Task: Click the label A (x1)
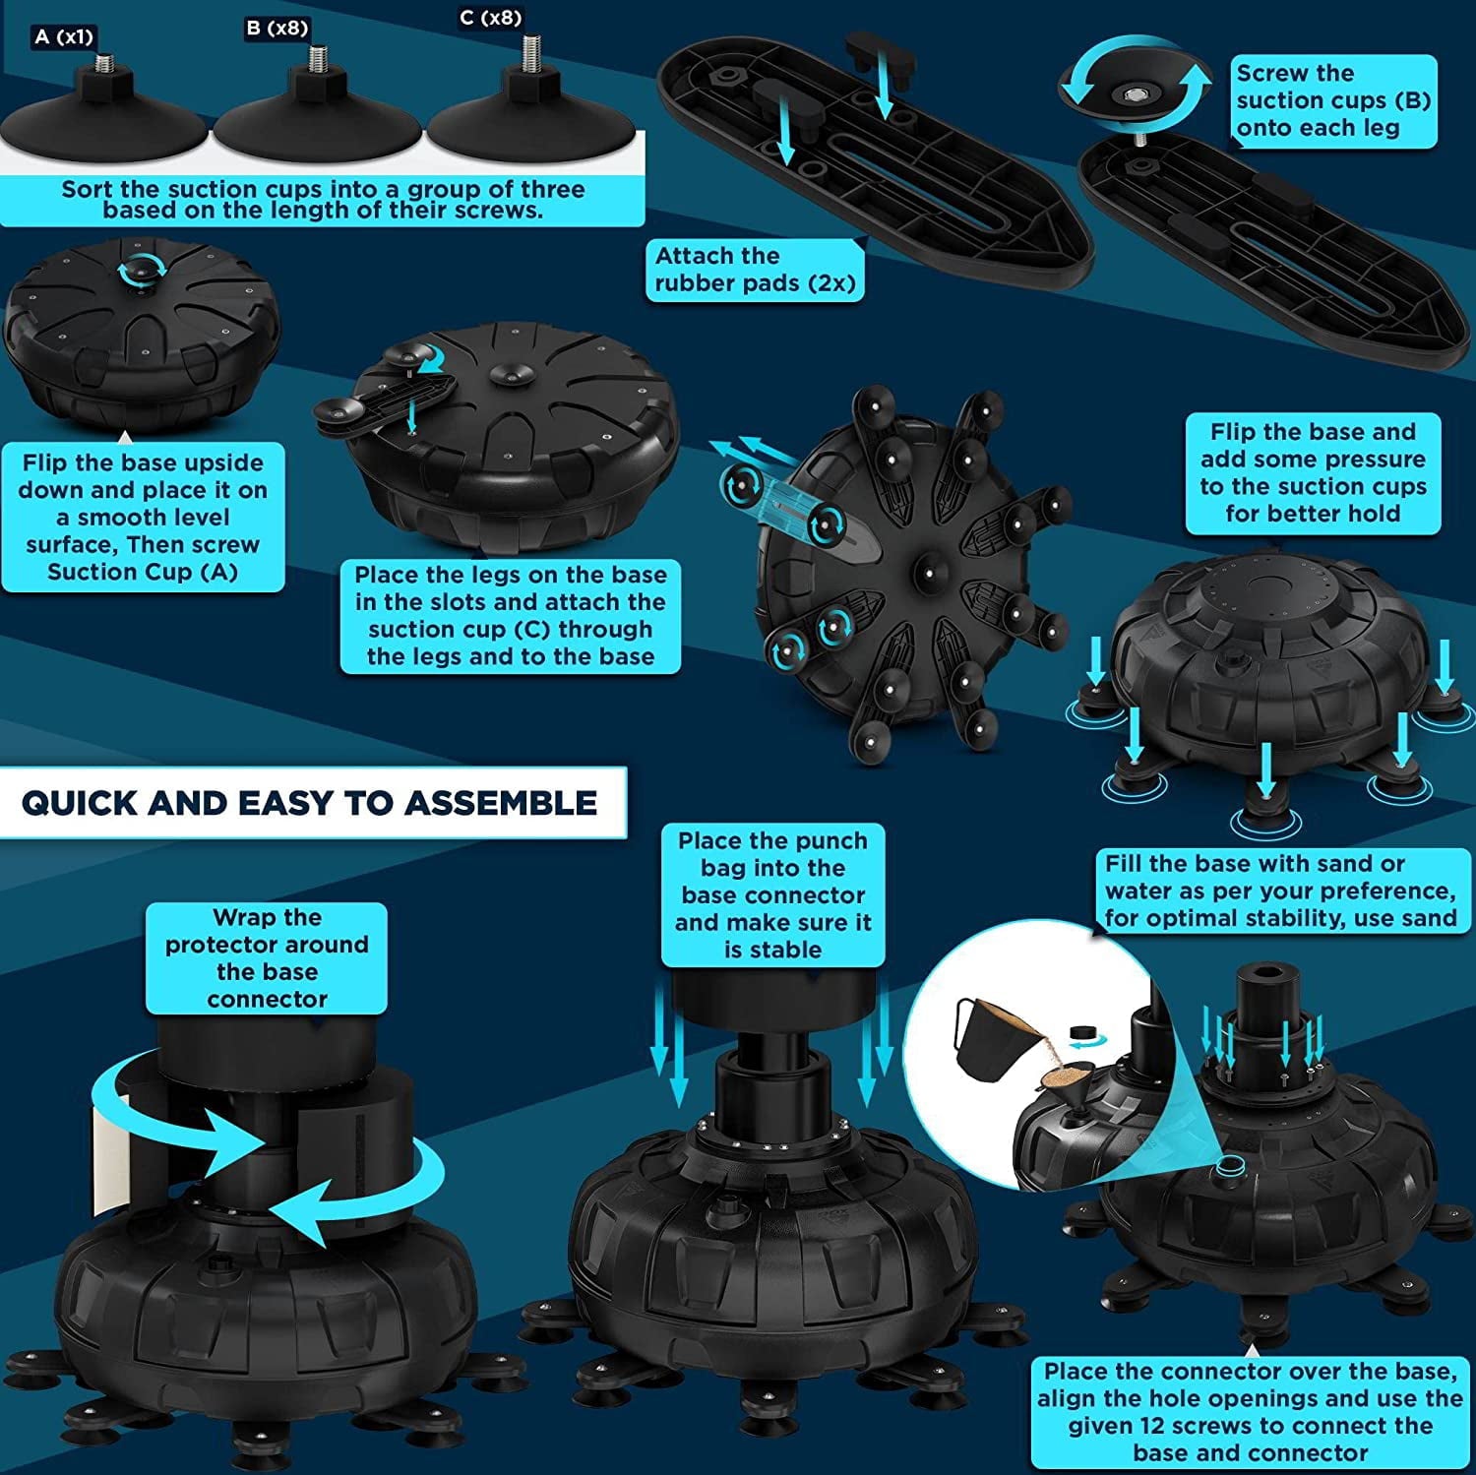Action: pyautogui.click(x=64, y=37)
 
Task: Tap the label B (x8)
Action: pyautogui.click(x=277, y=29)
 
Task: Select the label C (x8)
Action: pyautogui.click(x=490, y=18)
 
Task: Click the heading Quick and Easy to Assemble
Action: pyautogui.click(x=309, y=803)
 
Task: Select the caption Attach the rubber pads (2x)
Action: pyautogui.click(x=755, y=270)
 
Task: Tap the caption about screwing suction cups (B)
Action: pyautogui.click(x=1333, y=100)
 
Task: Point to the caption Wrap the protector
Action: pyautogui.click(x=267, y=958)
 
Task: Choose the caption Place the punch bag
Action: pyautogui.click(x=773, y=895)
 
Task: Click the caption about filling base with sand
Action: pyautogui.click(x=1280, y=891)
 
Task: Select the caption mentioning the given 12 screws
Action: pyautogui.click(x=1250, y=1412)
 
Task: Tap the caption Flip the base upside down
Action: pyautogui.click(x=143, y=518)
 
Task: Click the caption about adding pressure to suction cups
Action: pyautogui.click(x=1313, y=473)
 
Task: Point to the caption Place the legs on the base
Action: pyautogui.click(x=511, y=616)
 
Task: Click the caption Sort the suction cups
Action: pyautogui.click(x=323, y=200)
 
